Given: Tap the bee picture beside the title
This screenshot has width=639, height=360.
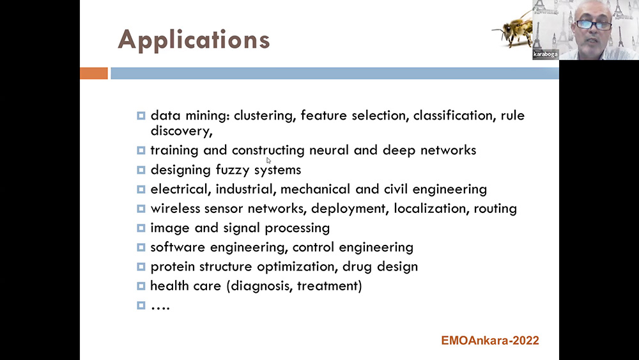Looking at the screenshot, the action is point(513,29).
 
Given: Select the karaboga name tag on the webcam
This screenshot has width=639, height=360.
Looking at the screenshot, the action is point(545,54).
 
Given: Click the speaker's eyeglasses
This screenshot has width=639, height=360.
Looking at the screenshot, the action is point(594,25).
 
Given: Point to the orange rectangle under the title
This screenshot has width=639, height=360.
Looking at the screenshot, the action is point(94,74).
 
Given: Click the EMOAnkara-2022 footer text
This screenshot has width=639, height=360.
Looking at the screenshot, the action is point(490,340).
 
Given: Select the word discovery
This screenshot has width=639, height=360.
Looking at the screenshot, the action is point(181,131).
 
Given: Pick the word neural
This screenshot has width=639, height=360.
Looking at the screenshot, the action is point(329,150).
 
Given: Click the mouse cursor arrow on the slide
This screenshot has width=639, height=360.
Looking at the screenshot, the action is point(268,160).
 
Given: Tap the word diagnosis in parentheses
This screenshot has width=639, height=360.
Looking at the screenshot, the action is point(261,286).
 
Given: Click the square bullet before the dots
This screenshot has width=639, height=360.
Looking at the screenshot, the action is point(141,306).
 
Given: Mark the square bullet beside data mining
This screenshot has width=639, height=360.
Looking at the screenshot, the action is point(141,116).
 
